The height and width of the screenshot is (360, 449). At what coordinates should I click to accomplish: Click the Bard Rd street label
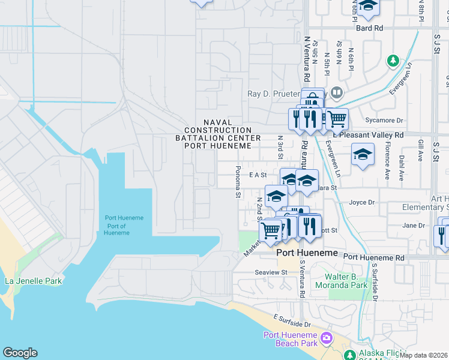coord(369,28)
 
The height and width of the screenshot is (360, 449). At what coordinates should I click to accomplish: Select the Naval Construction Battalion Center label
coord(218,134)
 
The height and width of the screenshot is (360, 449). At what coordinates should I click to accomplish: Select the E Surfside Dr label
coord(294,317)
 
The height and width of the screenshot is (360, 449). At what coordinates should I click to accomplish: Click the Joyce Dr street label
coord(361,203)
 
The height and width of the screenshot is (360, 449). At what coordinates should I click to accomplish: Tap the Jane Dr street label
coord(414,226)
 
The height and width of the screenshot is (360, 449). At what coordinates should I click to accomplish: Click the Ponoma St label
coord(238,182)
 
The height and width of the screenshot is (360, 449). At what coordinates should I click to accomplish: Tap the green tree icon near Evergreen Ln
coord(393,61)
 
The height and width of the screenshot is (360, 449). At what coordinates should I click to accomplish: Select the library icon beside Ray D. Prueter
coord(337,94)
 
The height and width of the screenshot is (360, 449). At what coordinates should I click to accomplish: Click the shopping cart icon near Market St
coord(271,229)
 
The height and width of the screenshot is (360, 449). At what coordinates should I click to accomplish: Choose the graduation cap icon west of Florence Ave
coord(362,155)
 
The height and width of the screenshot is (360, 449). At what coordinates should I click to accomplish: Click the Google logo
coord(20,353)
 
